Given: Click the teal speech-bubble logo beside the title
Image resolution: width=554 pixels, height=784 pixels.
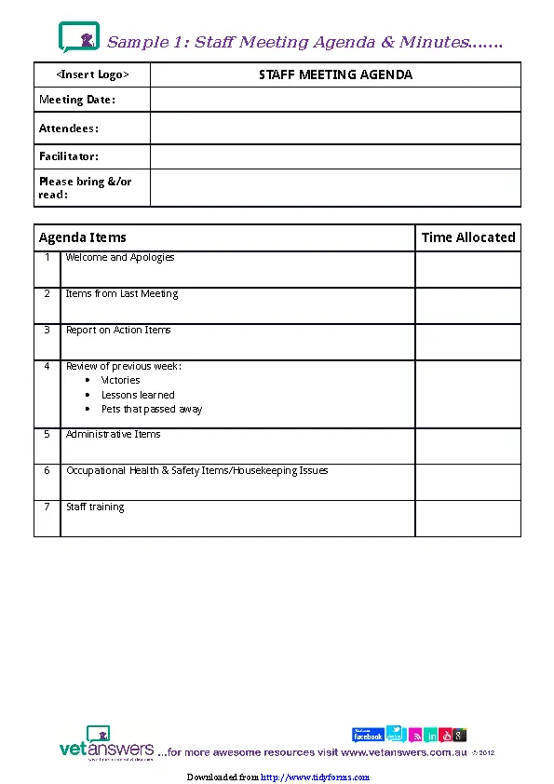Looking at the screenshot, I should [x=79, y=38].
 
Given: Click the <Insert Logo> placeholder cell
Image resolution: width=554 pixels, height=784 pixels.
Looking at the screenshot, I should [x=92, y=74].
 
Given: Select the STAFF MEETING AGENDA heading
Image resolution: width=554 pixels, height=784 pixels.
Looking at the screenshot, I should [x=335, y=74].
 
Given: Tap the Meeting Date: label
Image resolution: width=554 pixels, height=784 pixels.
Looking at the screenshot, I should [x=77, y=100].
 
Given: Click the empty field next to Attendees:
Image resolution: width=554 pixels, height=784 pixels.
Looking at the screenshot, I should [x=335, y=128].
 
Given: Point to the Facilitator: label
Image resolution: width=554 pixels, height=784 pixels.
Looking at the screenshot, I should [x=69, y=156].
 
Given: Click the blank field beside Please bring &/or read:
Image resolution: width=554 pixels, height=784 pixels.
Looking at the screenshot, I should [x=335, y=188].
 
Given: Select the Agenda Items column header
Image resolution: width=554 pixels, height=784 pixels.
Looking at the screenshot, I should [x=83, y=237].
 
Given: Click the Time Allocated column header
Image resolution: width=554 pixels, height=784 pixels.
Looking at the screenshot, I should [x=467, y=237].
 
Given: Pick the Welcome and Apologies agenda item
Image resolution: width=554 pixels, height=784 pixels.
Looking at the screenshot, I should [x=120, y=258].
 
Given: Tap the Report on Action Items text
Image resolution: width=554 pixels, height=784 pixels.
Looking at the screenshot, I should [x=118, y=331].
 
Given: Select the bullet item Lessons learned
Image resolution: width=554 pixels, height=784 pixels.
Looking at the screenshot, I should [x=138, y=395].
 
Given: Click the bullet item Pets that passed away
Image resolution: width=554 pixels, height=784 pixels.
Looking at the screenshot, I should [x=152, y=410].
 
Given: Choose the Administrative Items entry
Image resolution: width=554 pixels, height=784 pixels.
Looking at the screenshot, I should [x=113, y=435].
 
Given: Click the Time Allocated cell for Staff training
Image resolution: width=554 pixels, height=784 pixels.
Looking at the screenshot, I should [x=467, y=519].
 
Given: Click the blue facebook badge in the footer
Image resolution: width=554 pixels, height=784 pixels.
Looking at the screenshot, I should [x=368, y=735].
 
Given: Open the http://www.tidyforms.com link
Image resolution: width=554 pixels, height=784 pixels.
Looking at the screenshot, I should [x=315, y=777].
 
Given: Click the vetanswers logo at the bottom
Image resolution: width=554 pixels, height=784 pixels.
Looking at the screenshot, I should [x=105, y=744].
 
